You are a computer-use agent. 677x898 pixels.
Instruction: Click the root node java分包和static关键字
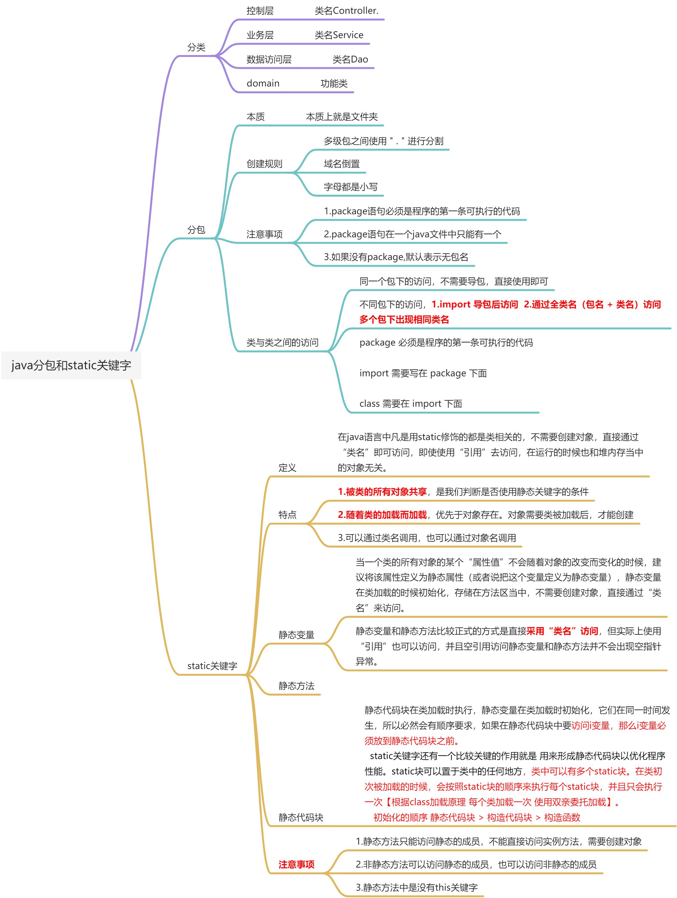(x=71, y=365)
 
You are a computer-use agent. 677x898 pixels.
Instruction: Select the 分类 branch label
(x=196, y=47)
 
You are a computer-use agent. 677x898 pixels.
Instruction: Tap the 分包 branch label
(x=196, y=230)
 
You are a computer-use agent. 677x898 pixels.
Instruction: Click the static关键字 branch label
(x=212, y=666)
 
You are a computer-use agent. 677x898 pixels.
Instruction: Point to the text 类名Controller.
(x=346, y=11)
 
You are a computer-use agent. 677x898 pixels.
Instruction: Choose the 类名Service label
(x=339, y=35)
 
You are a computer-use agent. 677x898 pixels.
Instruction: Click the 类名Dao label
(x=350, y=60)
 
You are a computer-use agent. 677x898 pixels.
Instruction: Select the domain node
(x=263, y=84)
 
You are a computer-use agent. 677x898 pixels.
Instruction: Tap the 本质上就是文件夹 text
(x=342, y=117)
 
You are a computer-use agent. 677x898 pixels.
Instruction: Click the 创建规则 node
(x=264, y=164)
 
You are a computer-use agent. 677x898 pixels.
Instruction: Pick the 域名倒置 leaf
(x=342, y=164)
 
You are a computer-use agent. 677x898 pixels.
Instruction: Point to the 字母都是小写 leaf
(x=350, y=187)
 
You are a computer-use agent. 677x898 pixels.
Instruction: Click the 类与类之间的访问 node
(x=282, y=343)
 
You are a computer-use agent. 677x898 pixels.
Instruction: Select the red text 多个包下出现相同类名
(x=404, y=320)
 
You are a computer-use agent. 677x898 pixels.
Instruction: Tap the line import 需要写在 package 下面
(x=423, y=373)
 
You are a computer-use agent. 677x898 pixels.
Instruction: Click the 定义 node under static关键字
(x=287, y=468)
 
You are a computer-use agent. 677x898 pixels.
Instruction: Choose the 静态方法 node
(x=296, y=686)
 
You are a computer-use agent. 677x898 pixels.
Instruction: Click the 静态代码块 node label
(x=300, y=817)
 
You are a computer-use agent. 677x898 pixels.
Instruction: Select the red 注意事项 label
(x=296, y=864)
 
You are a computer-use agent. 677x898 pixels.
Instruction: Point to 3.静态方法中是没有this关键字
(x=417, y=887)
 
